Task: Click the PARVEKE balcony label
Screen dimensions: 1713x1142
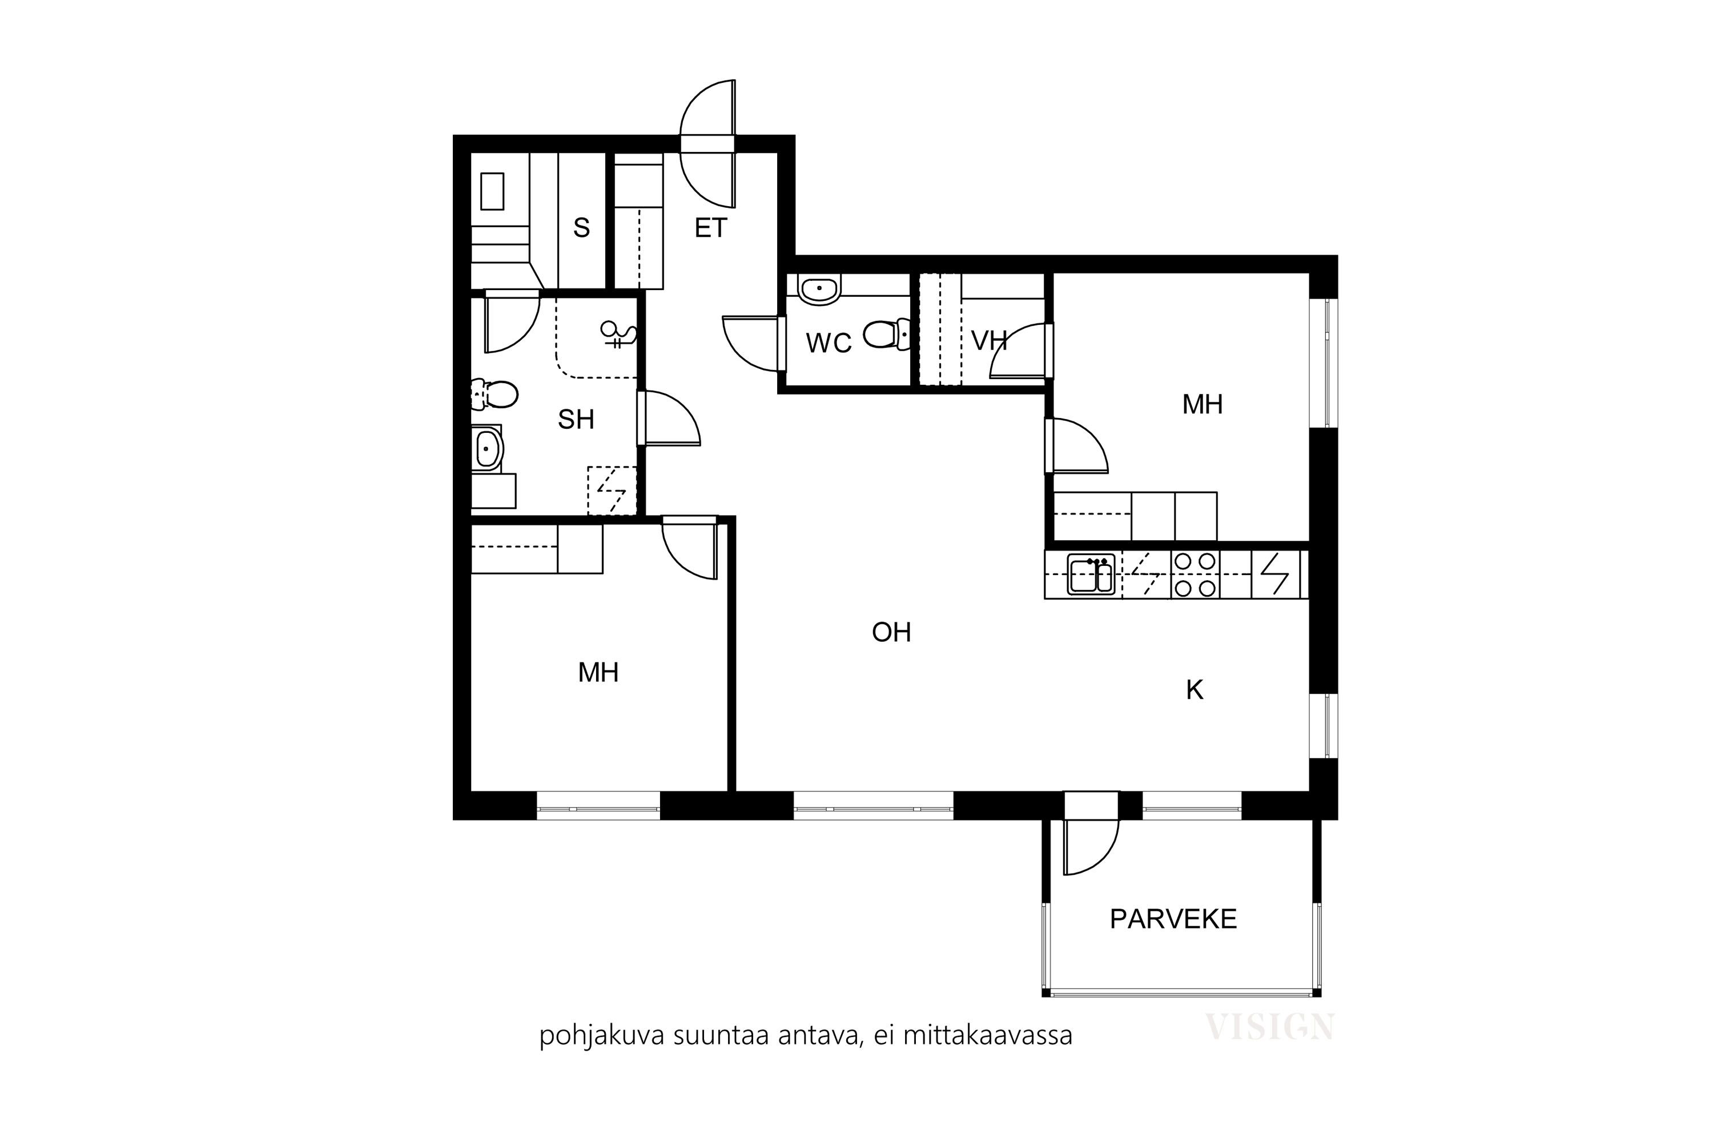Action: tap(1173, 919)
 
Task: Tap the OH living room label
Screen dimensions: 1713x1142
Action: tap(891, 632)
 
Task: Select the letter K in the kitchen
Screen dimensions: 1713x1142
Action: tap(1195, 690)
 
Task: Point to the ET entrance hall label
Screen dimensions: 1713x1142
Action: tap(710, 228)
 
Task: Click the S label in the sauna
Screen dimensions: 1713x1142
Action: tap(581, 228)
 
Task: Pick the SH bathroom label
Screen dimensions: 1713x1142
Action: tap(576, 420)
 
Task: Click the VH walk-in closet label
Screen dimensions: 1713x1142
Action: tap(989, 340)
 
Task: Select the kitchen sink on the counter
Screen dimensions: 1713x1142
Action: tap(1091, 574)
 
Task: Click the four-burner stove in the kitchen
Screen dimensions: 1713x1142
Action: tap(1195, 574)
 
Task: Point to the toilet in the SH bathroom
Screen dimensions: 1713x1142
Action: tap(494, 395)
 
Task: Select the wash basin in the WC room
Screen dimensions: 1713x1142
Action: tap(819, 289)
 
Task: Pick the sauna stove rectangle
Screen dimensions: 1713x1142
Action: tap(492, 191)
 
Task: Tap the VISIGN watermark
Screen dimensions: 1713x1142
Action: tap(1269, 1027)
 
